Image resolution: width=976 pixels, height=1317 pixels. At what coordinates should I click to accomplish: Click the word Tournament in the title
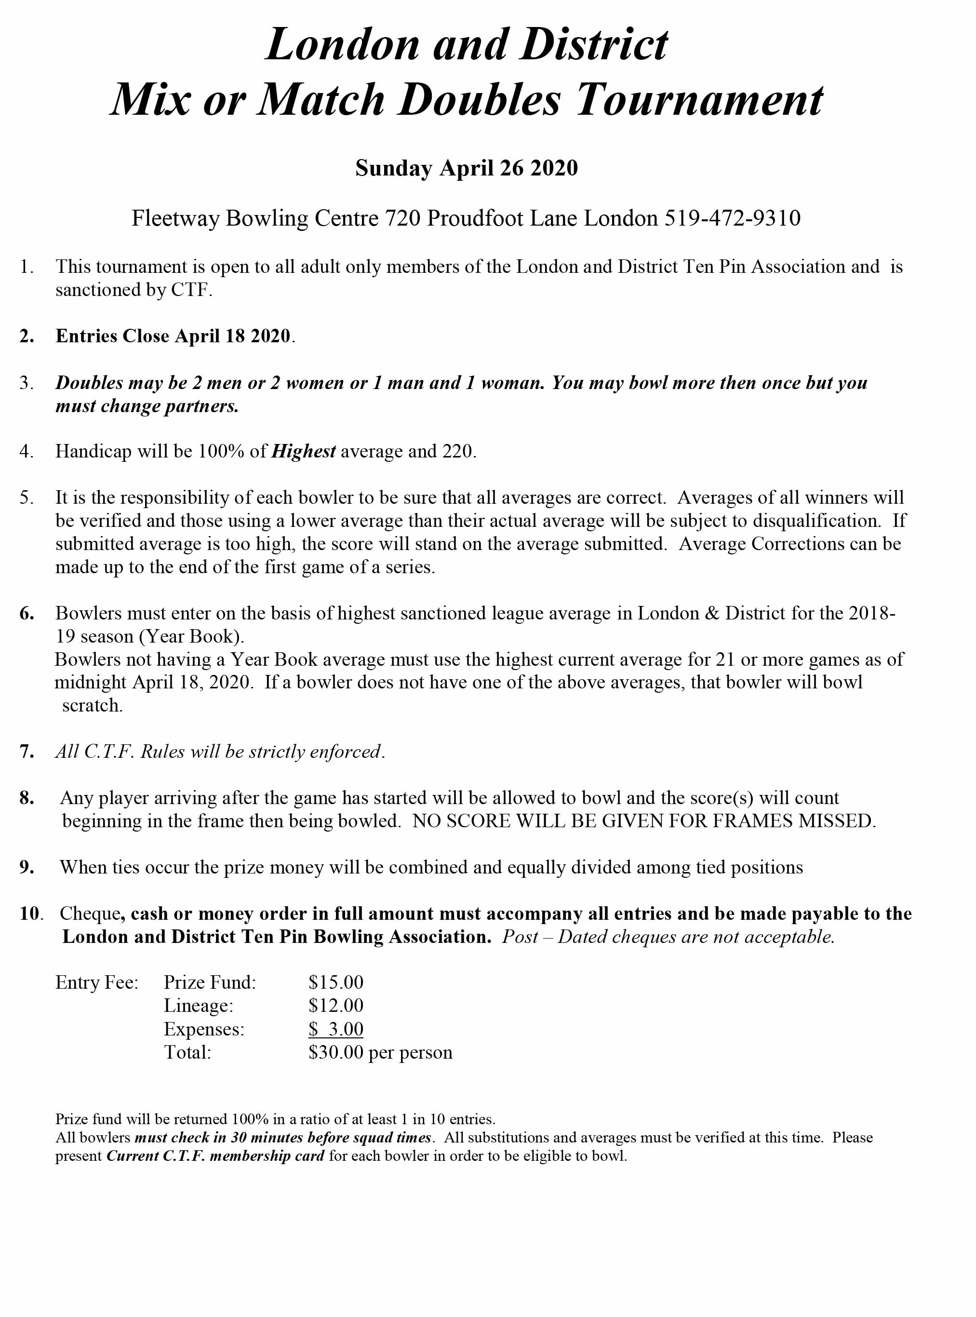coord(699,100)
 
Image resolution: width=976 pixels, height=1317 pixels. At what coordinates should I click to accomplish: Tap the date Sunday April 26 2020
coord(466,168)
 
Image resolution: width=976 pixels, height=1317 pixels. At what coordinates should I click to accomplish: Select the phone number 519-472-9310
coord(733,218)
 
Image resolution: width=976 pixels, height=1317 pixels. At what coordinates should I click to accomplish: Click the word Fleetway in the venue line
coord(174,218)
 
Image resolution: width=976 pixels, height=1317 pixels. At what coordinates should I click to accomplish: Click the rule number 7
coord(26,752)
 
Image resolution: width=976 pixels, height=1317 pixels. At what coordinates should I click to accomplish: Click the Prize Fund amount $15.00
coord(335,982)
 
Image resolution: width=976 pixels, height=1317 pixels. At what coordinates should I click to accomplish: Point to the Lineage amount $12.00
coord(335,1006)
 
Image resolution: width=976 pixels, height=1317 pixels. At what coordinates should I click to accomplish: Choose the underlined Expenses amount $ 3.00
coord(335,1029)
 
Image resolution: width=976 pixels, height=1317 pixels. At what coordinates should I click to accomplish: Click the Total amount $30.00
coord(335,1052)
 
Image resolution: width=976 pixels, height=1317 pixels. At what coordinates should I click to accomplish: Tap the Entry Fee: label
coord(96,982)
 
